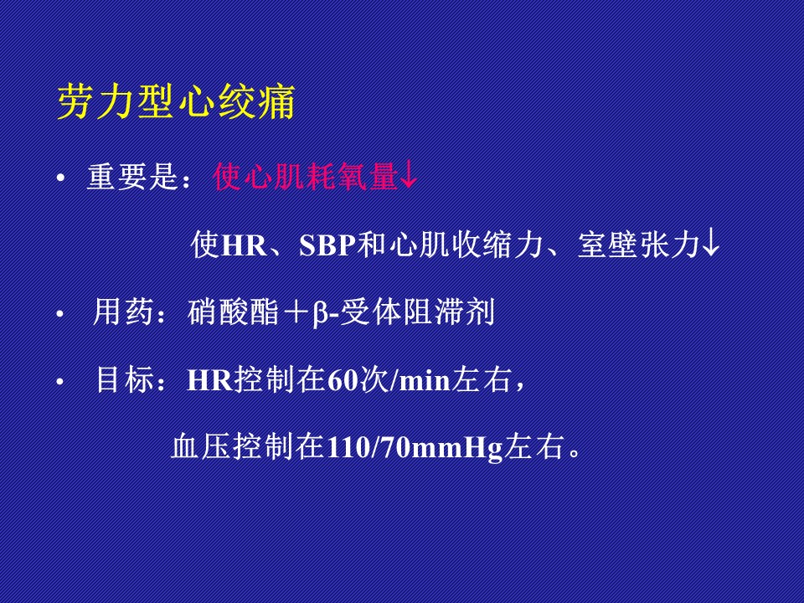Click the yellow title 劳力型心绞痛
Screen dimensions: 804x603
pos(176,101)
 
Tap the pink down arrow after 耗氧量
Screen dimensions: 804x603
pos(409,176)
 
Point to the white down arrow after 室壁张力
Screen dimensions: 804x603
pos(711,244)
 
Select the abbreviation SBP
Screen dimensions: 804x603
pos(327,245)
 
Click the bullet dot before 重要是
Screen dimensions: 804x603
pos(61,178)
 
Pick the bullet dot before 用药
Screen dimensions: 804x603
pos(60,313)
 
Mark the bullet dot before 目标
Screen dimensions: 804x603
pos(60,382)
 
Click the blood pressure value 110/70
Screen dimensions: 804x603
pos(368,447)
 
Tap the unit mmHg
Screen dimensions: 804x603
pos(456,449)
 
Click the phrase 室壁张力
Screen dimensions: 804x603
pos(639,245)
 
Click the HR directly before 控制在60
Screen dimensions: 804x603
pos(209,381)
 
